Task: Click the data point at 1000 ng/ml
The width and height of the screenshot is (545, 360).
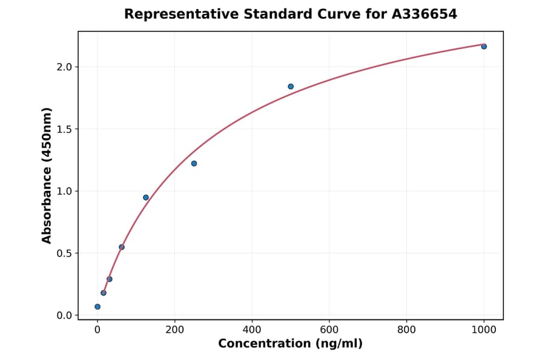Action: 484,47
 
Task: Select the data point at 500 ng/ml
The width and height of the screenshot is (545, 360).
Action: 291,87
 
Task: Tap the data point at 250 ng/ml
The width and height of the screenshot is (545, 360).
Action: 194,164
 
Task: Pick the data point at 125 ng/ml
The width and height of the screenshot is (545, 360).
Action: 146,198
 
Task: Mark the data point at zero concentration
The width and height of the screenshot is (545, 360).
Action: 97,307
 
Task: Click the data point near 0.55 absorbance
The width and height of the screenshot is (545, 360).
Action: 122,247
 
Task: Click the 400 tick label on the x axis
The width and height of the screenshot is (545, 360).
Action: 252,330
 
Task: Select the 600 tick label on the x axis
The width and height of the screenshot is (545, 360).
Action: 329,330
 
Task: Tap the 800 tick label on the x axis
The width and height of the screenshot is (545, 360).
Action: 406,330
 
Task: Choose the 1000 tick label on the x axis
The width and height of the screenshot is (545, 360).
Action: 484,330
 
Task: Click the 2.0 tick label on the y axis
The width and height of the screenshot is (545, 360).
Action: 64,67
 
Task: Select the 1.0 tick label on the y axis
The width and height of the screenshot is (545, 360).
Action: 64,192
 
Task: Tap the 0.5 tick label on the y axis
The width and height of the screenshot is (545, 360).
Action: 64,253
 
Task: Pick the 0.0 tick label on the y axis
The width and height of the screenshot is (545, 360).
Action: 64,316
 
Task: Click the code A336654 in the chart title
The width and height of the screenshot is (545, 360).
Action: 421,14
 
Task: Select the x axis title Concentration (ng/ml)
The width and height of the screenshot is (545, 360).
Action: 290,344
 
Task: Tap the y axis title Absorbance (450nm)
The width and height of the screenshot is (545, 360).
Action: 47,175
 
